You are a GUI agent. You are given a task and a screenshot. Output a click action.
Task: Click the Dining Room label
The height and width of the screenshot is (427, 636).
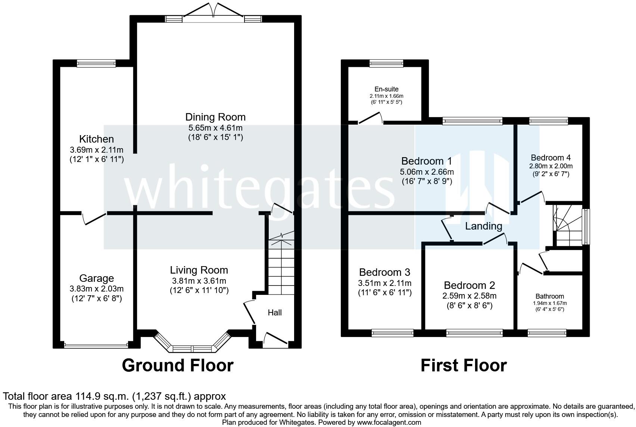215,117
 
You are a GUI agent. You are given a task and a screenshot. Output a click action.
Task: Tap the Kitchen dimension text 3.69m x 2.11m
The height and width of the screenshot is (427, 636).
96,150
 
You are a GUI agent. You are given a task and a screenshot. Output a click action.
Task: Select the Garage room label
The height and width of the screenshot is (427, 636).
96,278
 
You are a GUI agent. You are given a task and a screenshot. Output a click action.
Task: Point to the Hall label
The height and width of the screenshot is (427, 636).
275,313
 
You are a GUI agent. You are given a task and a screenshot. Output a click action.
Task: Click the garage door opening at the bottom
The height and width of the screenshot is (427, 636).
96,346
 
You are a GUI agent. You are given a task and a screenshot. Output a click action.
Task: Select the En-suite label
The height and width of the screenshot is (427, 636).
386,89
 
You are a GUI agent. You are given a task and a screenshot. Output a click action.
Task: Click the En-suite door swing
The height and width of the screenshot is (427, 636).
370,119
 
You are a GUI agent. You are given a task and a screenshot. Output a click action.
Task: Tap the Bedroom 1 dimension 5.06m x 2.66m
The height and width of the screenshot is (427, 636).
427,172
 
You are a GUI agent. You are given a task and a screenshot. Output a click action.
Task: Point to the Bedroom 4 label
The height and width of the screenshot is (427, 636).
551,158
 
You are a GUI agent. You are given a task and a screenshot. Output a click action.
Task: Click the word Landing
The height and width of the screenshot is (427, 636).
483,226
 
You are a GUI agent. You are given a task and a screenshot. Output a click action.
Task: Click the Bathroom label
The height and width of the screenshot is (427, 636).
549,296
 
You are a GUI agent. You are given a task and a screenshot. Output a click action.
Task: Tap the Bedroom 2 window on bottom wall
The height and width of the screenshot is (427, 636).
474,333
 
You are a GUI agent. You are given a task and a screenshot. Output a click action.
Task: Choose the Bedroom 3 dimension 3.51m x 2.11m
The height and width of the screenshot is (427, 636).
384,283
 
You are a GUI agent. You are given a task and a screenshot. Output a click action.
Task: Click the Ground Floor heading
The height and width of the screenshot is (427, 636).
178,365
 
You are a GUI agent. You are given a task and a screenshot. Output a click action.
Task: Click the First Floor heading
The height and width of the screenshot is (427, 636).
464,365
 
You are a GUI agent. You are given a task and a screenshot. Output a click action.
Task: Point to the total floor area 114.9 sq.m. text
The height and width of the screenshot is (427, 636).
114,396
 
